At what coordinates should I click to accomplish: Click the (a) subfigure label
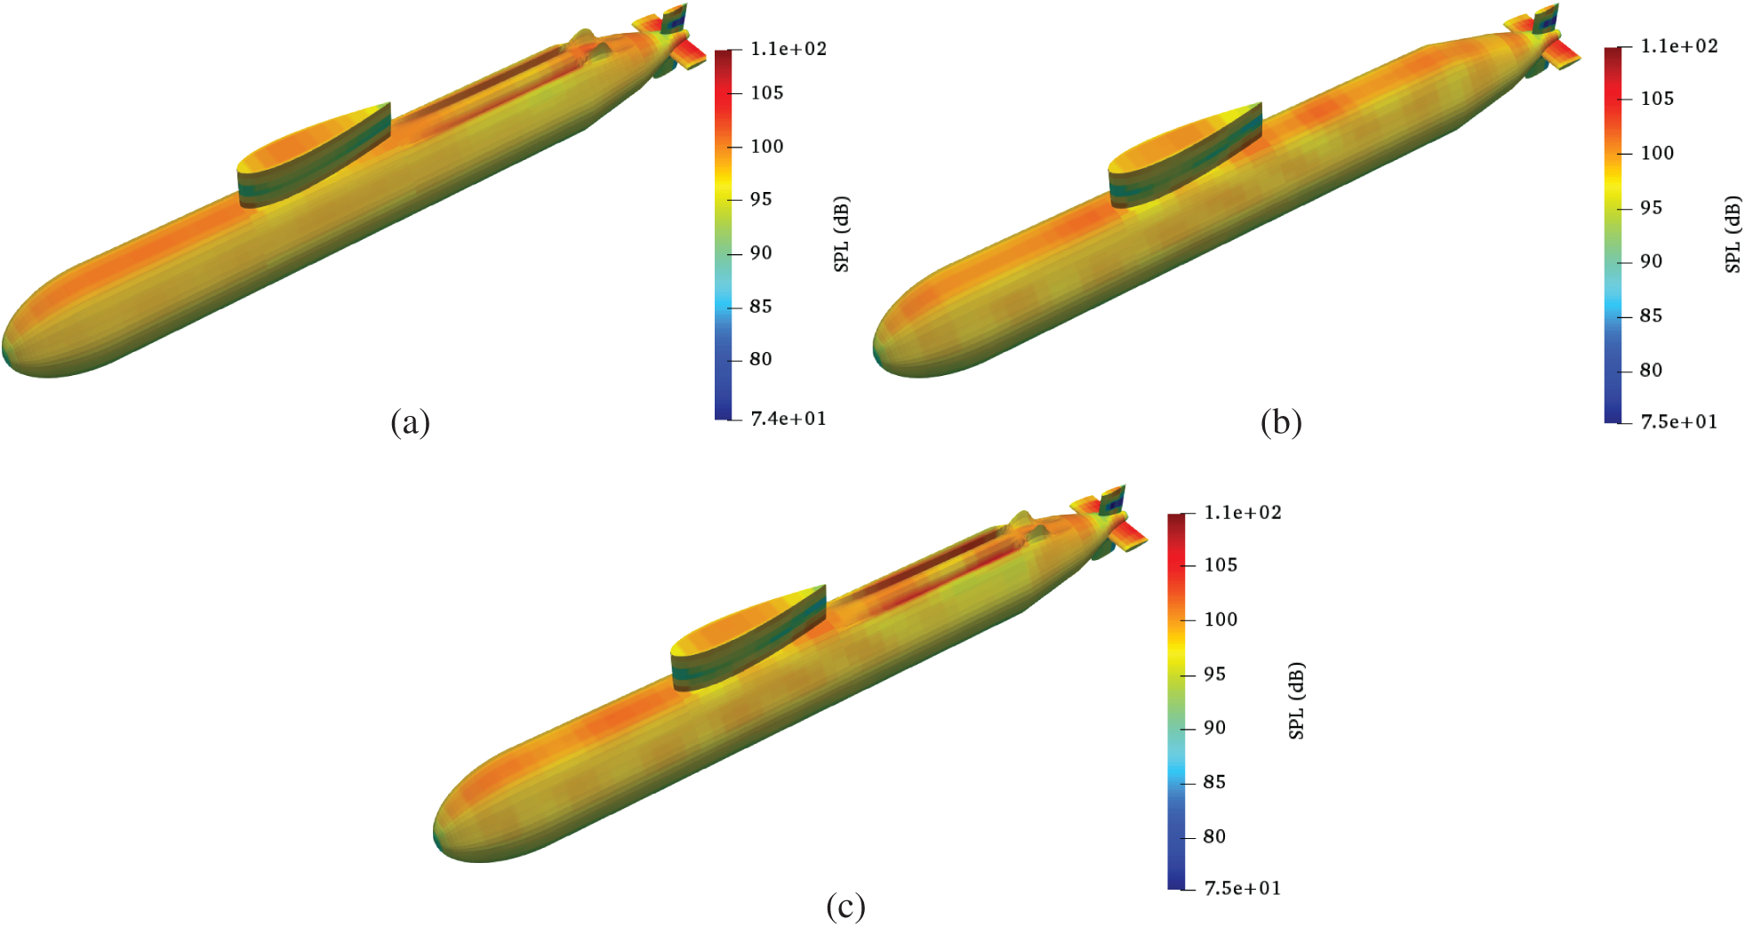click(410, 422)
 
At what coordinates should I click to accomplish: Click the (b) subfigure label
click(1281, 422)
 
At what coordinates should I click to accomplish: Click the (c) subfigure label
click(844, 907)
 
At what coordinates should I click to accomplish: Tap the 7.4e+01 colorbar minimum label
click(788, 418)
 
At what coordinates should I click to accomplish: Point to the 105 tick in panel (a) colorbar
click(766, 92)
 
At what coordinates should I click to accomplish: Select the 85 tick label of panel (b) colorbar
click(1650, 316)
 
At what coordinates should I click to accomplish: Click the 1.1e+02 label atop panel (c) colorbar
click(1242, 512)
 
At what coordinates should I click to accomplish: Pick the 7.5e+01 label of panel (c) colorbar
click(1242, 888)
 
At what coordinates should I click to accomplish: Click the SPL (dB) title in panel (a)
click(842, 234)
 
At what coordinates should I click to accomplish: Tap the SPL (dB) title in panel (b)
click(1733, 234)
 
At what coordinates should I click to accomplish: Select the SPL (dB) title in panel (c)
click(1296, 700)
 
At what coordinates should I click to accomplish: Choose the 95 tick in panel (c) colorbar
click(1213, 674)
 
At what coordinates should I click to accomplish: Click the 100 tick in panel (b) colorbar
click(1656, 153)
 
